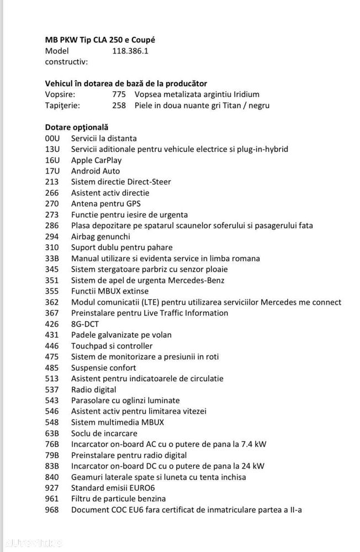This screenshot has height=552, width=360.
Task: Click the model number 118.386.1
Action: tap(130, 51)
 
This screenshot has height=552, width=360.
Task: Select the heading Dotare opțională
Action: tap(77, 127)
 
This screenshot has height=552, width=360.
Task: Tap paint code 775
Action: tap(119, 94)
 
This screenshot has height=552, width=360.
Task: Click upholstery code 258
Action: tap(119, 106)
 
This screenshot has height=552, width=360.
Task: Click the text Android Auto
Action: tap(96, 171)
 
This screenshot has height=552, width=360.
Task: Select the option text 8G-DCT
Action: tap(85, 324)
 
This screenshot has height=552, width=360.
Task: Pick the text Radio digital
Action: tap(94, 390)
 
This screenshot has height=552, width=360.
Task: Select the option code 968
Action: tap(52, 510)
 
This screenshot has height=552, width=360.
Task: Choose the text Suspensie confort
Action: tap(104, 367)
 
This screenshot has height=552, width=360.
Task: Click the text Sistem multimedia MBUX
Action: tap(118, 422)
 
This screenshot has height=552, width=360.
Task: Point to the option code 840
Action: tap(52, 477)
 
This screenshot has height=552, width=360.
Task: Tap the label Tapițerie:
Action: tap(62, 106)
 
